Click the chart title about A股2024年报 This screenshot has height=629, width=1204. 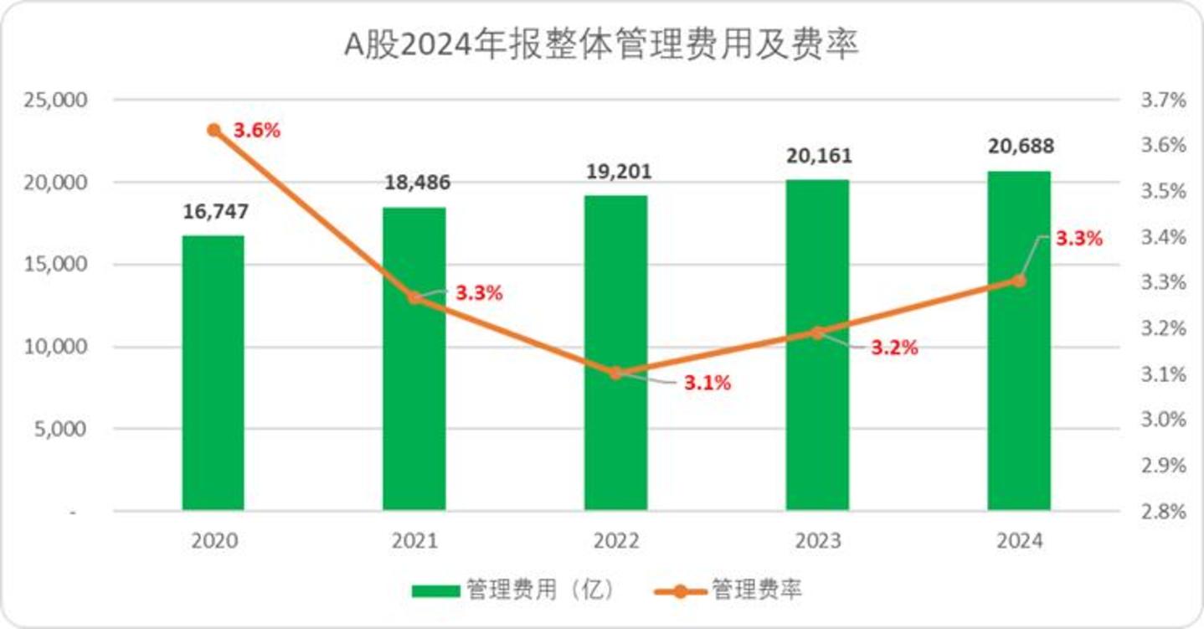point(601,44)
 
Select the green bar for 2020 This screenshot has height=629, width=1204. point(214,373)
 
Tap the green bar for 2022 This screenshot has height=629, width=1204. point(616,353)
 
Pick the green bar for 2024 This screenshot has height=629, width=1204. point(1019,341)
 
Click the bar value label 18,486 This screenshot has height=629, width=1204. point(417,183)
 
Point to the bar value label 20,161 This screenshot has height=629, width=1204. point(819,156)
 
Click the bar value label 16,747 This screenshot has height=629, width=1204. point(215,212)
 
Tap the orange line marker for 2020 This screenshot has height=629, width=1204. point(214,130)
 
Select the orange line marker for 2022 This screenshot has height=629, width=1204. point(616,373)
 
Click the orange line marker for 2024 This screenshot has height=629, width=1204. point(1019,281)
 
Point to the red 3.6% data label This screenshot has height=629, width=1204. point(257,130)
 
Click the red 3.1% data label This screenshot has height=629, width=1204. point(707,383)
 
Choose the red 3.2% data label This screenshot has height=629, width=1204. point(894,348)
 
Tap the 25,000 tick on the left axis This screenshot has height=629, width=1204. point(54,100)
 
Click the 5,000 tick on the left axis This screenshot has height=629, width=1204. point(60,429)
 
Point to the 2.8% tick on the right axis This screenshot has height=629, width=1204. point(1164,511)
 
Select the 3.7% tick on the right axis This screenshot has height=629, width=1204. point(1164,100)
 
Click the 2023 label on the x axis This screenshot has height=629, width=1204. point(817,541)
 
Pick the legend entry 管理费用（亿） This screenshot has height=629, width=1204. point(512,590)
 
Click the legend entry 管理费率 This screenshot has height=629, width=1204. point(728,590)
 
